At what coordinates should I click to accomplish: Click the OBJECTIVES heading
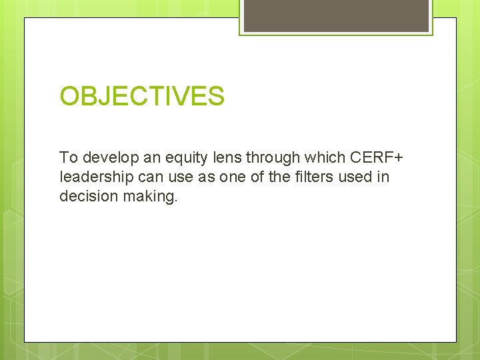pyautogui.click(x=142, y=97)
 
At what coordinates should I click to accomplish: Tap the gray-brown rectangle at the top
pyautogui.click(x=336, y=15)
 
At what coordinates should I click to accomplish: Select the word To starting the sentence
pyautogui.click(x=68, y=158)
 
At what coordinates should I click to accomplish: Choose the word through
pyautogui.click(x=273, y=158)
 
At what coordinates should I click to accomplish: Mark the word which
pyautogui.click(x=323, y=158)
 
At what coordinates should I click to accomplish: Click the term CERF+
pyautogui.click(x=375, y=158)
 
